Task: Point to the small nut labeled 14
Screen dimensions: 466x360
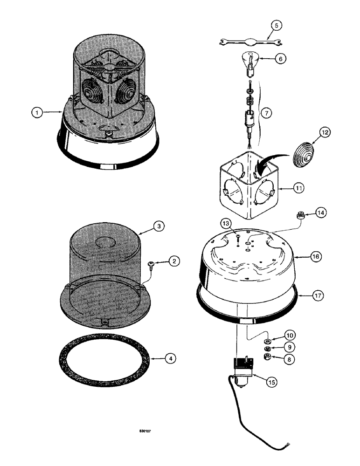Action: coord(300,215)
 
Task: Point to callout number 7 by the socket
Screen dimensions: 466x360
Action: coord(265,113)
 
